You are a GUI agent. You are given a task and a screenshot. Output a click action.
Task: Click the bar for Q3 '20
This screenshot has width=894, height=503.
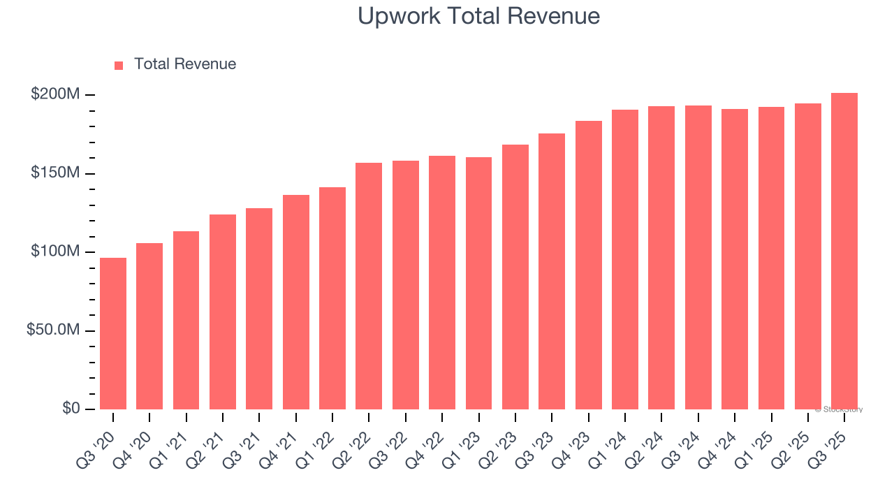113,333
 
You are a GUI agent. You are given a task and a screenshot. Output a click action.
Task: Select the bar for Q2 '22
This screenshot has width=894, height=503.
369,286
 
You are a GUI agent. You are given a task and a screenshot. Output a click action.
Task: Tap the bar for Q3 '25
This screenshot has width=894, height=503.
844,251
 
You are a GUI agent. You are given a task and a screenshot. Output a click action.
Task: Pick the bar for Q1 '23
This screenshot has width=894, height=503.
478,283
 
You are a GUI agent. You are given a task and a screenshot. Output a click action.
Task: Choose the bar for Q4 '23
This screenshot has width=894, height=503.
588,265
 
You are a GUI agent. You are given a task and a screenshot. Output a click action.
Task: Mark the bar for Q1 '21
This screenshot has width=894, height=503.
186,320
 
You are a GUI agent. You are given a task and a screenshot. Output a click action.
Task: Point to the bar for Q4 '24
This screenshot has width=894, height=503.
735,259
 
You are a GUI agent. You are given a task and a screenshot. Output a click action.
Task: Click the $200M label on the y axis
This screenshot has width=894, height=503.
55,94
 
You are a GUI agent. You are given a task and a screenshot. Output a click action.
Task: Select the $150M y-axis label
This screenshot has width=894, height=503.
55,173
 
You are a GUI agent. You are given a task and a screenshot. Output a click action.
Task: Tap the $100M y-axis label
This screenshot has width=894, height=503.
55,251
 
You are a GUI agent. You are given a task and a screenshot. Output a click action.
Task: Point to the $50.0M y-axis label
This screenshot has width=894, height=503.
53,330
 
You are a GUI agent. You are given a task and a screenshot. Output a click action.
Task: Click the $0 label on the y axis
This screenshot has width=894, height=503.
71,409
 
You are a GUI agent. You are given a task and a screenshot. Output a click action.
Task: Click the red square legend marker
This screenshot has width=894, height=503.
119,65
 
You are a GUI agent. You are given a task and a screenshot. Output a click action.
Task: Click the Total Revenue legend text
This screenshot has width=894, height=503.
185,64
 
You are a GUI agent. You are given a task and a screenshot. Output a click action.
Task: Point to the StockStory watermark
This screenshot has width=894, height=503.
839,409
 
